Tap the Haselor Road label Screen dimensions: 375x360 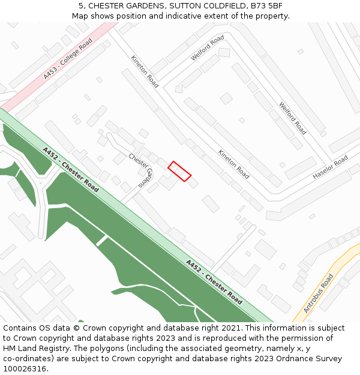(x=330, y=167)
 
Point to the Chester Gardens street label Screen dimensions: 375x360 (x=142, y=170)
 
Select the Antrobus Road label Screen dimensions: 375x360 (x=318, y=293)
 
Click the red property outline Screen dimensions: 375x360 (x=179, y=171)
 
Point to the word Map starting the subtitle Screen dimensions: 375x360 (x=80, y=16)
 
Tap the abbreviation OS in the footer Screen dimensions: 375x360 (x=48, y=328)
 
